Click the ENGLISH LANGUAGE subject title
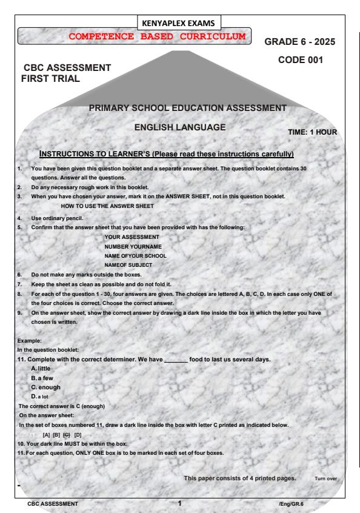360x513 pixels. click(x=181, y=128)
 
